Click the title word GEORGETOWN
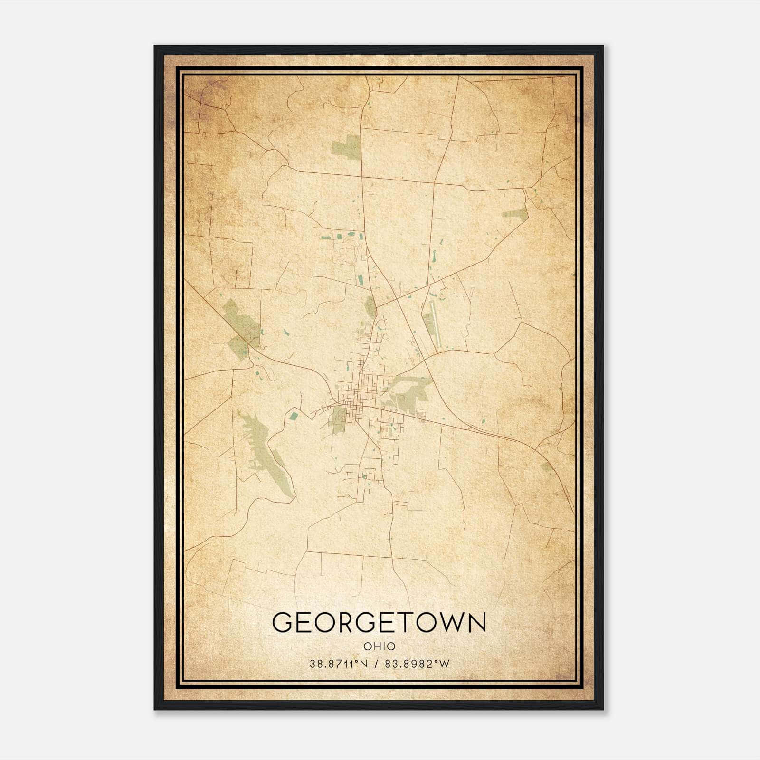(379, 622)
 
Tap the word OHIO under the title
(379, 646)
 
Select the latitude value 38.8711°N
(339, 664)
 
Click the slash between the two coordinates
(376, 664)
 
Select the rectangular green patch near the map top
(347, 147)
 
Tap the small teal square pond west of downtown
(294, 416)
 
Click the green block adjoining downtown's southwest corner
(339, 418)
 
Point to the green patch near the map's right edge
(515, 214)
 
